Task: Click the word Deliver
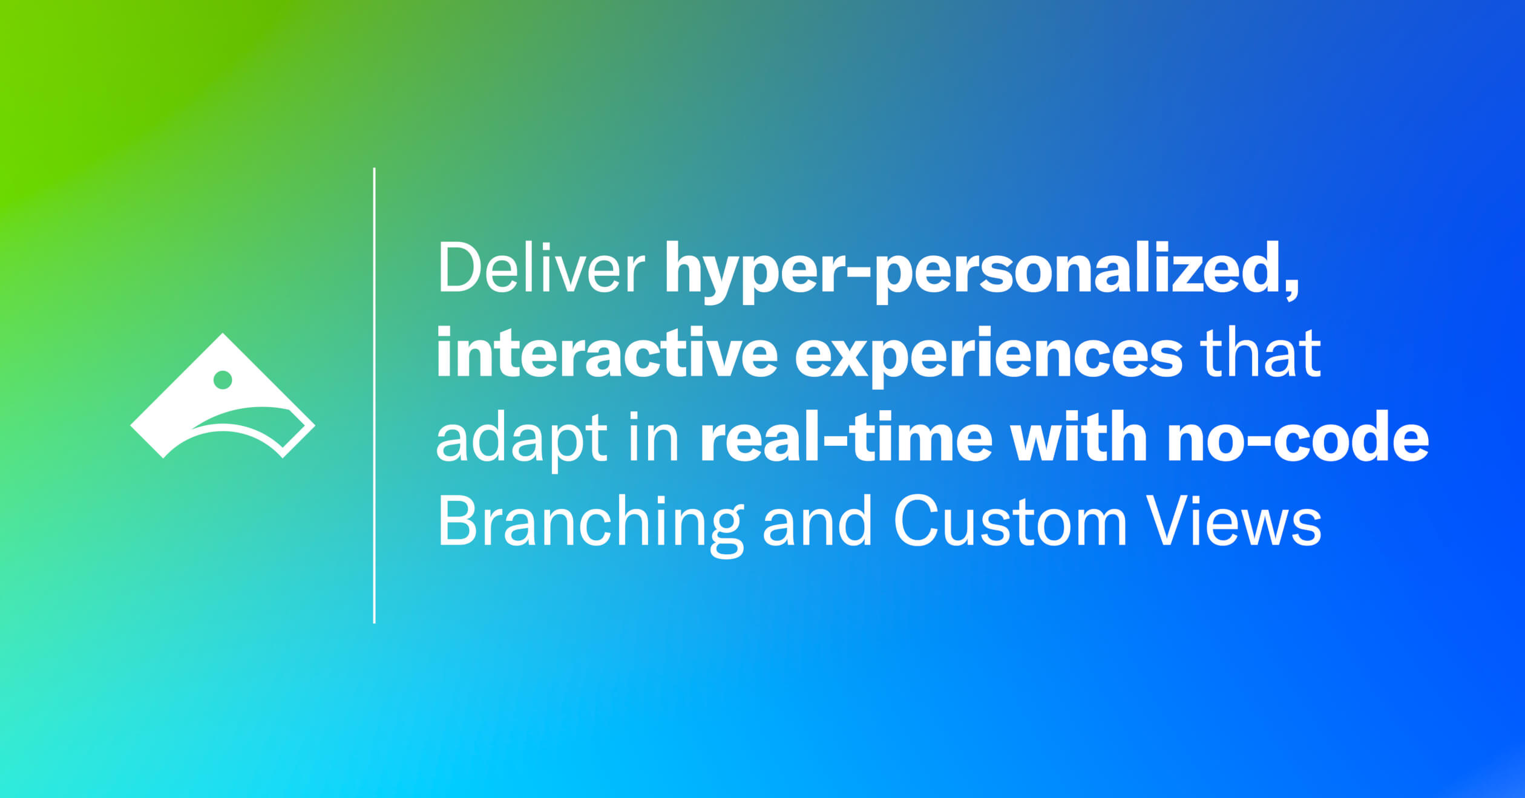click(541, 268)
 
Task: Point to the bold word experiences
click(989, 357)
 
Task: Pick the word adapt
click(522, 440)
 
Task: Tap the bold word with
click(1079, 436)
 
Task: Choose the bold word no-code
click(1297, 436)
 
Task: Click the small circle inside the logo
click(223, 380)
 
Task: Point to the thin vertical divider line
click(375, 395)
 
